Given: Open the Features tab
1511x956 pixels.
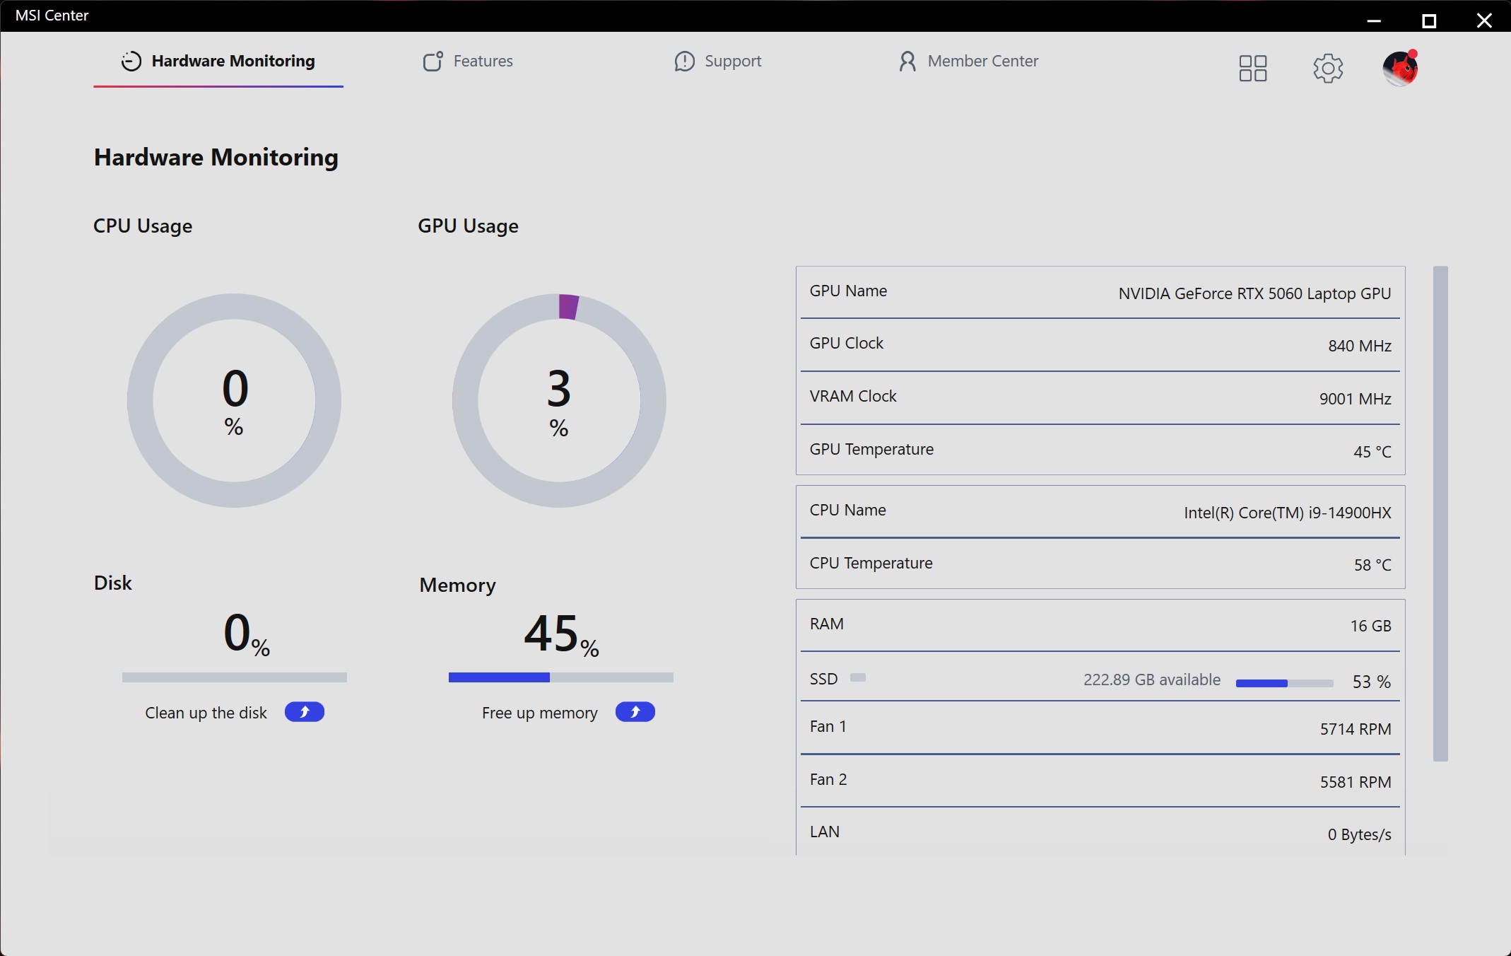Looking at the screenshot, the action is (x=468, y=62).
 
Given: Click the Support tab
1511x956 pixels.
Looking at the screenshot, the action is (x=718, y=62).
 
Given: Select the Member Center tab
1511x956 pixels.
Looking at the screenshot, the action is (x=968, y=62).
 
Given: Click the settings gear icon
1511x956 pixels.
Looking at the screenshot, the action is (x=1328, y=69).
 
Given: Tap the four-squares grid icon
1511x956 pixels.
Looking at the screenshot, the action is (x=1253, y=69).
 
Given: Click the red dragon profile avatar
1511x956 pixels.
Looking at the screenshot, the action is (x=1400, y=69).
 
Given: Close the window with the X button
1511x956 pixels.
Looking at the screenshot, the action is (x=1484, y=21).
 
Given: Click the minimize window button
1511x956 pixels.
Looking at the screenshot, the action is (x=1374, y=21).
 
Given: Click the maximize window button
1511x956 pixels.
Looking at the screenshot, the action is (x=1429, y=21).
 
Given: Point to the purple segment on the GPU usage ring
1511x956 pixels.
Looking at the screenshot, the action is (x=568, y=307).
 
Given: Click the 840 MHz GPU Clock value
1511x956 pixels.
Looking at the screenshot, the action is (x=1360, y=346).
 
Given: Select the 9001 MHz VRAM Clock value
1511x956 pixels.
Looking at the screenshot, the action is (x=1356, y=399).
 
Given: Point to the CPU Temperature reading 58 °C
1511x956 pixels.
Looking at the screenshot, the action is (x=1372, y=565).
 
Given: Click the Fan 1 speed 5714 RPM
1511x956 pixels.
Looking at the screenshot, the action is (x=1356, y=729).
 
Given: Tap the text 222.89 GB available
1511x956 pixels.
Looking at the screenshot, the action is (x=1152, y=680).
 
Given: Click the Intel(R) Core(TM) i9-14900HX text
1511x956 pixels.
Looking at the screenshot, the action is (x=1288, y=513).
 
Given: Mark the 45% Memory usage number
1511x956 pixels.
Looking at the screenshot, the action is (x=561, y=634).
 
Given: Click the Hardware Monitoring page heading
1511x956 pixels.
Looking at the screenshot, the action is (x=216, y=157).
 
